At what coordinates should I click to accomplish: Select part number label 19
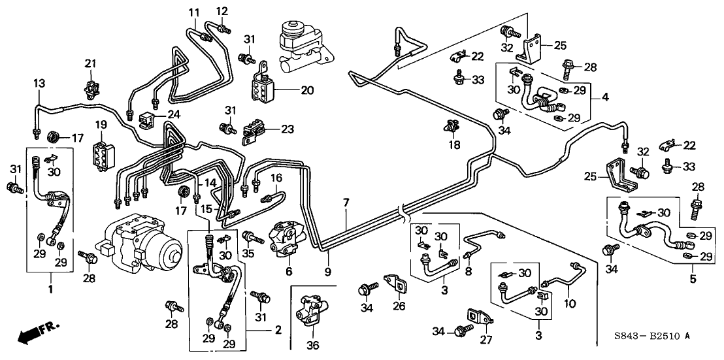101,123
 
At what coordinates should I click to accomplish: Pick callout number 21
90,63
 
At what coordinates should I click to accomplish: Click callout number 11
194,12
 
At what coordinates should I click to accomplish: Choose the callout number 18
451,144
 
